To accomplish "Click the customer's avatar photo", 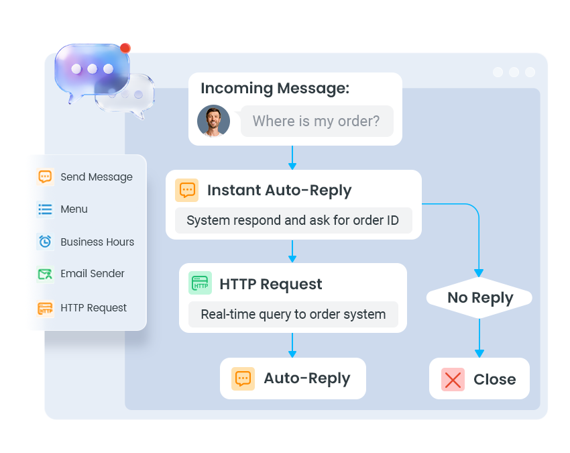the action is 213,121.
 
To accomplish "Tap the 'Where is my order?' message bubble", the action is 317,121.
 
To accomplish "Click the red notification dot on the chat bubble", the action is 125,48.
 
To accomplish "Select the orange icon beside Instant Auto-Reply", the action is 187,190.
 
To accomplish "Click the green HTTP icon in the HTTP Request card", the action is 200,283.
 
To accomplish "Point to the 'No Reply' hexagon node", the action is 479,297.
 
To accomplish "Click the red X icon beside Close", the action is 453,379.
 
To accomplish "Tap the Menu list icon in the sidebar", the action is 46,209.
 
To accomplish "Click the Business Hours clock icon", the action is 46,242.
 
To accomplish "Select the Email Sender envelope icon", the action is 46,274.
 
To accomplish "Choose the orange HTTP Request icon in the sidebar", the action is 46,309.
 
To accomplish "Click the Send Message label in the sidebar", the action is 97,177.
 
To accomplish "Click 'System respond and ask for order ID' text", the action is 292,221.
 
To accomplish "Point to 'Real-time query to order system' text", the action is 293,314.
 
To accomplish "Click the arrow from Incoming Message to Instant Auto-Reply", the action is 292,158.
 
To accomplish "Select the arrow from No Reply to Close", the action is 479,338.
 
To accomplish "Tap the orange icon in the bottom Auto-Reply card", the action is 243,379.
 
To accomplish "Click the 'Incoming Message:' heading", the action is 275,88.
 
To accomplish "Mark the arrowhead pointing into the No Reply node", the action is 479,273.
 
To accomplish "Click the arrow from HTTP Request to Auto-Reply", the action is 292,345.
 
